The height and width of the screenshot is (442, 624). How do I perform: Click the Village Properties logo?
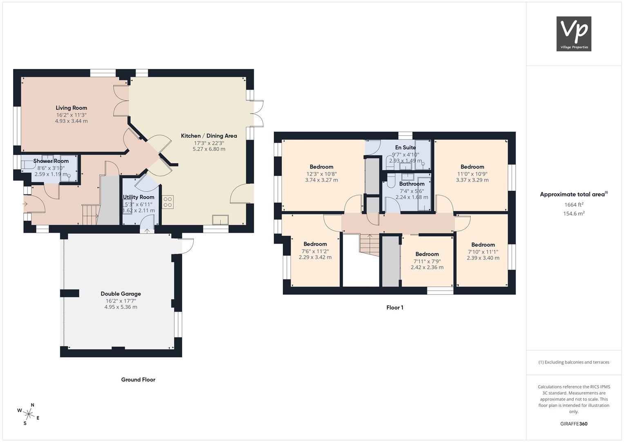coord(574,34)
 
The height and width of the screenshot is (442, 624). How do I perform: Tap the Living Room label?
coord(72,108)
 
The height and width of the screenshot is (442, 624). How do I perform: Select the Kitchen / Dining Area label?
coord(209,136)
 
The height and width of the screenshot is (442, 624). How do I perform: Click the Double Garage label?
coord(121,294)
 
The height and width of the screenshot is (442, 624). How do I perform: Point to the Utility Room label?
coord(139,197)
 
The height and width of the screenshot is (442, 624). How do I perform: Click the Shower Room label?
coord(51,161)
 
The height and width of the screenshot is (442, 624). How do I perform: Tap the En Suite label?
coord(405,147)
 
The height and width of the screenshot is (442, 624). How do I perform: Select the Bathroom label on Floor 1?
coord(412,184)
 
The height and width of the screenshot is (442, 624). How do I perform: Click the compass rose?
coord(29,414)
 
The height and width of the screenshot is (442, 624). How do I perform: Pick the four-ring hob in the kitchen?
coord(168,202)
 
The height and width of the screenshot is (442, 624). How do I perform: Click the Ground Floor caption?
coord(138,379)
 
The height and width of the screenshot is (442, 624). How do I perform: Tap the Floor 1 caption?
coord(395,307)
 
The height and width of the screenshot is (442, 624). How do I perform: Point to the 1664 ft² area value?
coord(574,205)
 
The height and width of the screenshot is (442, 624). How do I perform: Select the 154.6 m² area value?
coord(574,214)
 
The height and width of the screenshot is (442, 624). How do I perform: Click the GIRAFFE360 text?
coord(574,424)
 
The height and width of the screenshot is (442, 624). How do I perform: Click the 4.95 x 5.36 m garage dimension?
coord(121,307)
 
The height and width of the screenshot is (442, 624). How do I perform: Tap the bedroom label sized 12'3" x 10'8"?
coord(322,167)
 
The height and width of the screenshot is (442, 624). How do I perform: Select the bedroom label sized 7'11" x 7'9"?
coord(427,254)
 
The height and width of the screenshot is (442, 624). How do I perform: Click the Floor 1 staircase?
coord(369,246)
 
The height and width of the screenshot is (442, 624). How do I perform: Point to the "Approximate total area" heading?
coord(574,194)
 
